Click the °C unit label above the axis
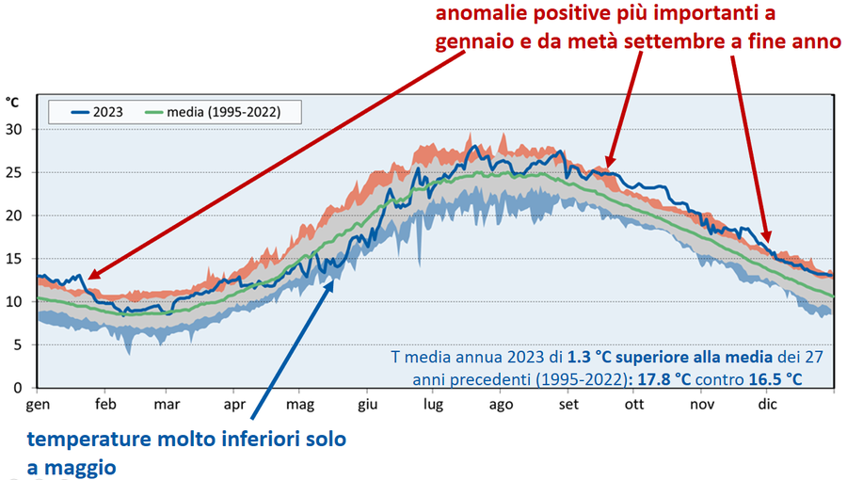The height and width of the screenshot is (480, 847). click(x=12, y=102)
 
